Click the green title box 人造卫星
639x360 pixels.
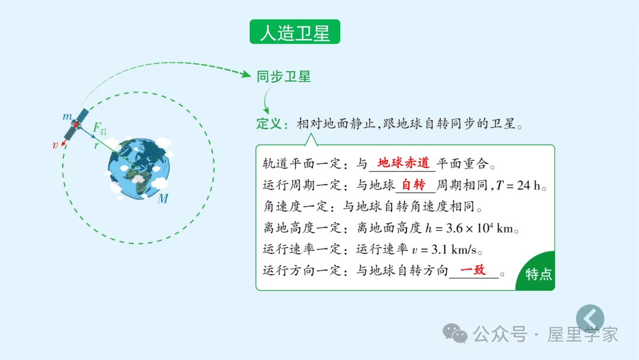pyautogui.click(x=295, y=32)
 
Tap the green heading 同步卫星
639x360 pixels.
pyautogui.click(x=283, y=76)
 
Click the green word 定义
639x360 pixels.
pyautogui.click(x=270, y=124)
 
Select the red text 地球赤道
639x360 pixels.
pyautogui.click(x=404, y=163)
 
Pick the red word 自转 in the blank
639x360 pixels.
pyautogui.click(x=413, y=185)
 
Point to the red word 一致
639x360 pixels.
pyautogui.click(x=473, y=270)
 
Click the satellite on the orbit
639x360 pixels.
pyautogui.click(x=77, y=124)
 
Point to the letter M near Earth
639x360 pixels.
pyautogui.click(x=163, y=199)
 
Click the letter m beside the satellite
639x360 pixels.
pyautogui.click(x=67, y=117)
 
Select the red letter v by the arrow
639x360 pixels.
pyautogui.click(x=55, y=144)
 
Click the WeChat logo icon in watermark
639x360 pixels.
pyautogui.click(x=456, y=333)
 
